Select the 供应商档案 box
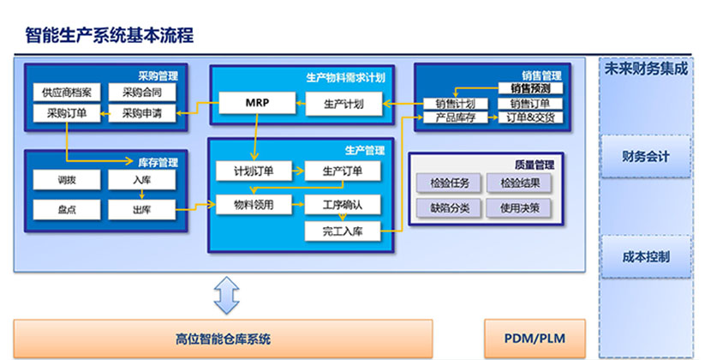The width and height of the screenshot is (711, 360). coord(66,93)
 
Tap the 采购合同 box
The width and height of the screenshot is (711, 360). coord(142,93)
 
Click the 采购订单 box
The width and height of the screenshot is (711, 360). coord(66,113)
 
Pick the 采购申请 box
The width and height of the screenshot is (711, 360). coord(142,113)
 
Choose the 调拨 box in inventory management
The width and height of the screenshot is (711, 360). coord(66,180)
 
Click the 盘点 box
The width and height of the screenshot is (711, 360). coord(66,209)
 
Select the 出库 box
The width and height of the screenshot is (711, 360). coord(142,209)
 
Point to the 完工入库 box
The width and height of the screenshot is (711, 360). coord(343,231)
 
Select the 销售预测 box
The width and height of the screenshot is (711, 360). coord(530,87)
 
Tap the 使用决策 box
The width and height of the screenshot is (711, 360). coord(519,208)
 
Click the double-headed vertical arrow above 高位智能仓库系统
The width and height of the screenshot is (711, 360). coord(226,295)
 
